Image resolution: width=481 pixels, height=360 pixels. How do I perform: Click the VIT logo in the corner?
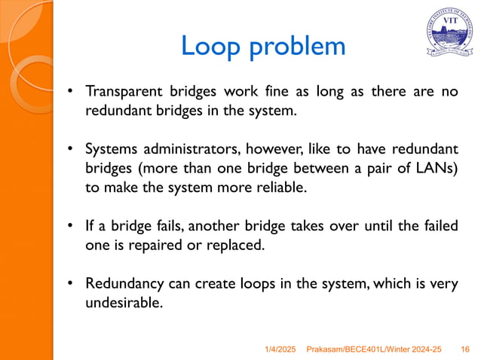(x=449, y=33)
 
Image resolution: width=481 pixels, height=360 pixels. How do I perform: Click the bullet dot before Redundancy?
(x=69, y=284)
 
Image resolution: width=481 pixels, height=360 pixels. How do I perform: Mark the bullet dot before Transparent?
(x=69, y=93)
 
